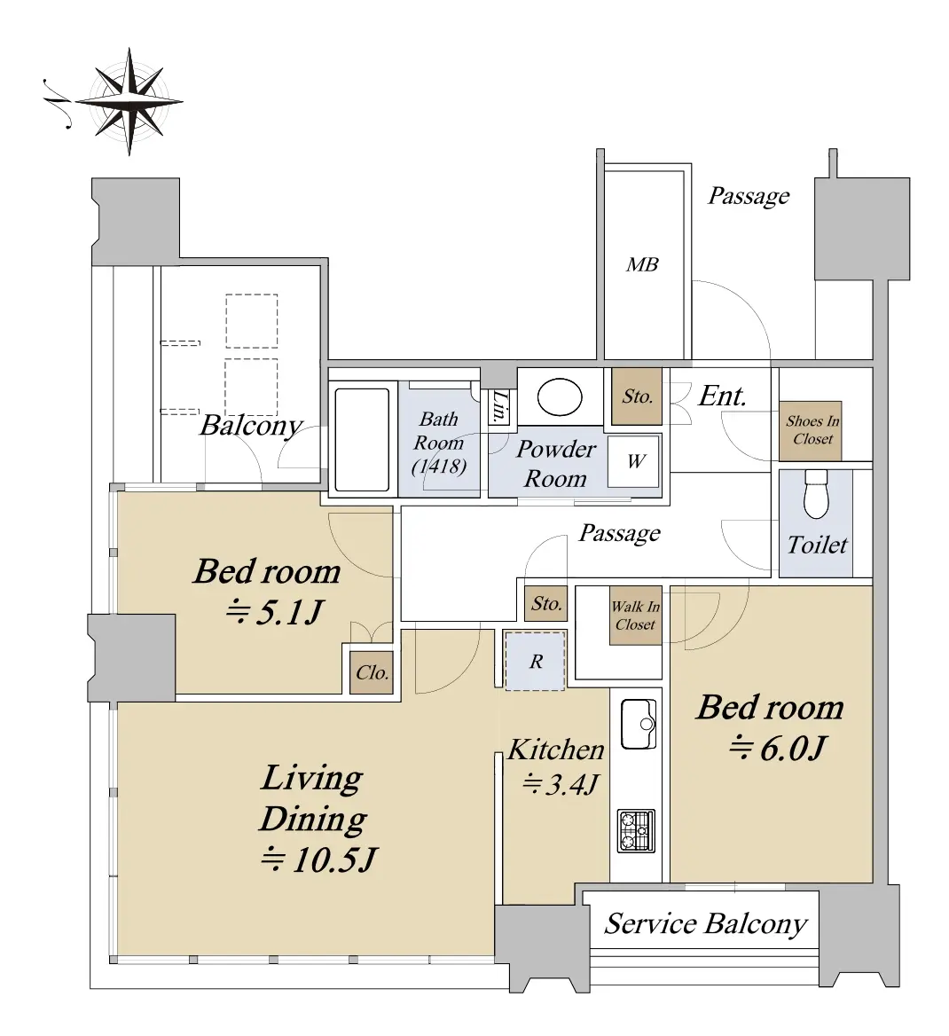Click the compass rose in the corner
(129, 102)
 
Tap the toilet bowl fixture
(816, 495)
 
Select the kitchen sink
(639, 724)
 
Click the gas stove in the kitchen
(637, 831)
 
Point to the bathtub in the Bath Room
(362, 439)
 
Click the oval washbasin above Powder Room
(560, 397)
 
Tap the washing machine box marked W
(634, 461)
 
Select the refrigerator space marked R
(536, 661)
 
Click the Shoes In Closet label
(812, 430)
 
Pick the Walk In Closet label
(635, 616)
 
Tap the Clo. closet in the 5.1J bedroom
(373, 672)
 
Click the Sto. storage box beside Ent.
(637, 396)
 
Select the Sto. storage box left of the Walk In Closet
(545, 603)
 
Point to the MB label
(642, 265)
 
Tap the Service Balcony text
(706, 923)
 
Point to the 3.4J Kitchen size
(561, 784)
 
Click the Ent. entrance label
(722, 396)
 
